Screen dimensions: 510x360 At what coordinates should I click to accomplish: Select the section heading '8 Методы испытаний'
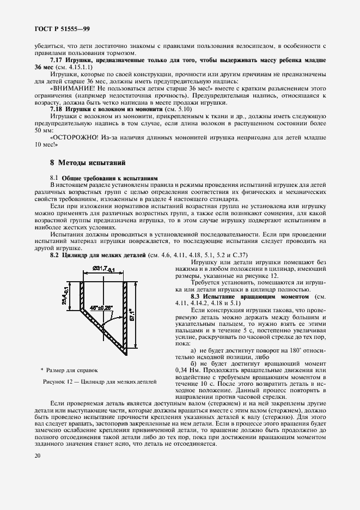(x=88, y=162)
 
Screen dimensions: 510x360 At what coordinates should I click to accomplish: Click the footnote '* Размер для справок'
(x=70, y=369)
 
